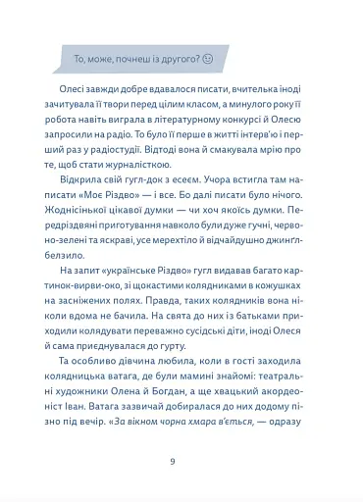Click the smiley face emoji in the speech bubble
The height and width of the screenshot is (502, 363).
(207, 58)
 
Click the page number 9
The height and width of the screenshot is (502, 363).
(173, 461)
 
